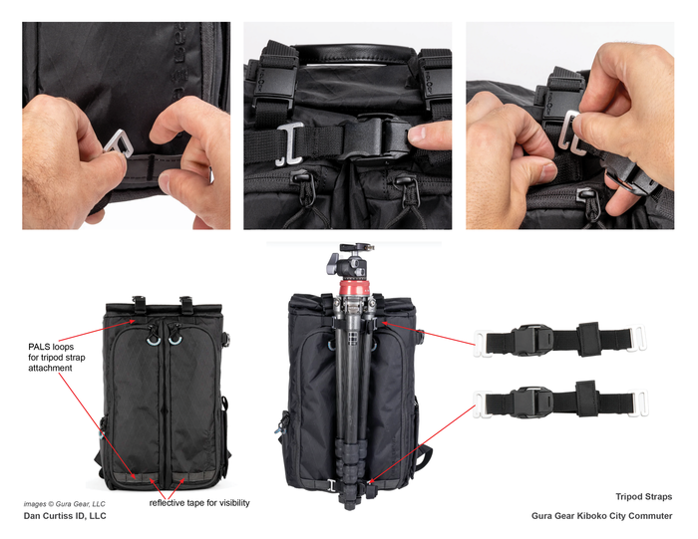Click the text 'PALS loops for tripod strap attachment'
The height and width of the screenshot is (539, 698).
(x=57, y=357)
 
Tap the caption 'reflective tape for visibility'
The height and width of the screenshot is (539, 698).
(x=199, y=503)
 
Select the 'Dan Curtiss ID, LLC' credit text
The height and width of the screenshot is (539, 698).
(x=65, y=516)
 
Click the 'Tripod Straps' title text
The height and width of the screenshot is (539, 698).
(x=644, y=497)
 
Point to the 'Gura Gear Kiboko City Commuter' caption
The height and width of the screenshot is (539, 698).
(x=602, y=516)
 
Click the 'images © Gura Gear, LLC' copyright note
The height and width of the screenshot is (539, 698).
(x=64, y=504)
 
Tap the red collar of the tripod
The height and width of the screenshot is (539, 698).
(x=354, y=287)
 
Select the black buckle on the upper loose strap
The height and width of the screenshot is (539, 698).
(x=531, y=341)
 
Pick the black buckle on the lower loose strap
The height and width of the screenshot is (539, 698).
(x=531, y=403)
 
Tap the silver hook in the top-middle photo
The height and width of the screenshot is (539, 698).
(x=290, y=144)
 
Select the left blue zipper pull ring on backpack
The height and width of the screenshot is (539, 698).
(x=154, y=340)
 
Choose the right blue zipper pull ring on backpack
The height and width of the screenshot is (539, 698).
(x=174, y=340)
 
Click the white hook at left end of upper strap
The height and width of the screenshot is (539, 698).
(x=483, y=343)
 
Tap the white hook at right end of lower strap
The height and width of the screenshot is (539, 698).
(x=637, y=404)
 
